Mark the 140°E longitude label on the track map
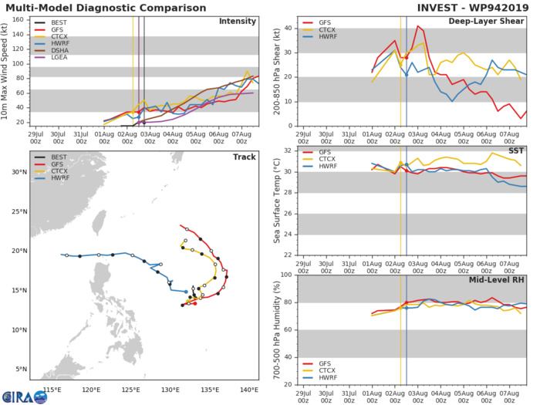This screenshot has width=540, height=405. point(248,390)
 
